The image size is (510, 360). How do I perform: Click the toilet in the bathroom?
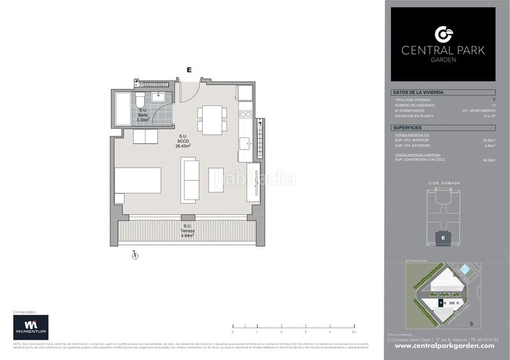point(140,101)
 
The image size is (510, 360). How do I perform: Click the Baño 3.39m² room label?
point(143,115)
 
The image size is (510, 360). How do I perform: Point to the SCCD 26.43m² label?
point(183,141)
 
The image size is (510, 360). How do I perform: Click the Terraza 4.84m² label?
point(187,231)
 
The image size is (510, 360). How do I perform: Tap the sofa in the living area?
point(190,180)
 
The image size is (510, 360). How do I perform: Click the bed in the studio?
point(137,180)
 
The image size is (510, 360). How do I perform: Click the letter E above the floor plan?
point(189,69)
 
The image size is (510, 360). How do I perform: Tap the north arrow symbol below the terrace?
point(135,256)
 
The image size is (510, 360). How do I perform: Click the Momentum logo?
point(31,327)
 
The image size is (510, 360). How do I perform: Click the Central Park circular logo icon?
point(443,34)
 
